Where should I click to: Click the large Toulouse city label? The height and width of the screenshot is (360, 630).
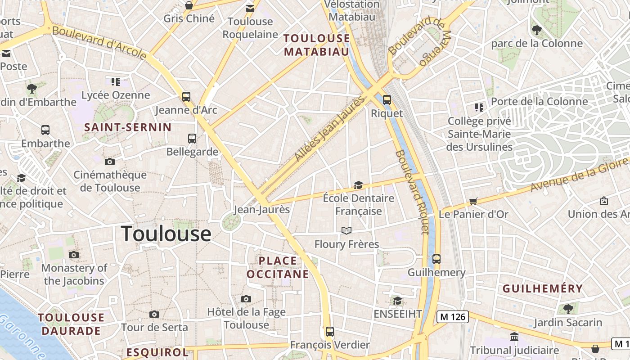click(166, 234)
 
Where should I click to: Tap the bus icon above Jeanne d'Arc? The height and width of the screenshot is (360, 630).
click(186, 96)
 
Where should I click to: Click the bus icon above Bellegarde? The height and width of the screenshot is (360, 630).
click(192, 138)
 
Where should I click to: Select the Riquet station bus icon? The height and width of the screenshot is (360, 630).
click(387, 100)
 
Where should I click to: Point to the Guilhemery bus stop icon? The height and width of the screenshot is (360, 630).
click(436, 259)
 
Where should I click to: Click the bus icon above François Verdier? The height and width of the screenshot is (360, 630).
click(330, 332)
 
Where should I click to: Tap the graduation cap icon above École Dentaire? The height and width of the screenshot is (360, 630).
click(358, 185)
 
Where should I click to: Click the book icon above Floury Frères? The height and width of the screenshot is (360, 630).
click(346, 231)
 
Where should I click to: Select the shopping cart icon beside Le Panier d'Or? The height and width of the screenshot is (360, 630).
click(473, 201)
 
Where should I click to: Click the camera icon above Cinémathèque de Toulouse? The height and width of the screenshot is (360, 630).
click(110, 162)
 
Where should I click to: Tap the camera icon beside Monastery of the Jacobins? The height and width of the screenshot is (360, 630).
click(74, 255)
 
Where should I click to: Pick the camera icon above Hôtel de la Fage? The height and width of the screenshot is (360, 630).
click(246, 299)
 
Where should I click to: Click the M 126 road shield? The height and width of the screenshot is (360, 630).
click(453, 317)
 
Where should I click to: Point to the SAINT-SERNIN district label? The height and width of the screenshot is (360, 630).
click(128, 127)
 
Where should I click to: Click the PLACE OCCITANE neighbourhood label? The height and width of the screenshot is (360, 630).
click(278, 267)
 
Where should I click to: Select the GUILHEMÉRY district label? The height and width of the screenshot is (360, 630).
click(542, 288)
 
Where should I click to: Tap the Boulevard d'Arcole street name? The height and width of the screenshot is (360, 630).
click(99, 43)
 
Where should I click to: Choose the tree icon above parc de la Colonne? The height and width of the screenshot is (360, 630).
click(536, 30)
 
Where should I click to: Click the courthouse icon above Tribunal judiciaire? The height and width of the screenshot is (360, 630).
click(514, 337)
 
